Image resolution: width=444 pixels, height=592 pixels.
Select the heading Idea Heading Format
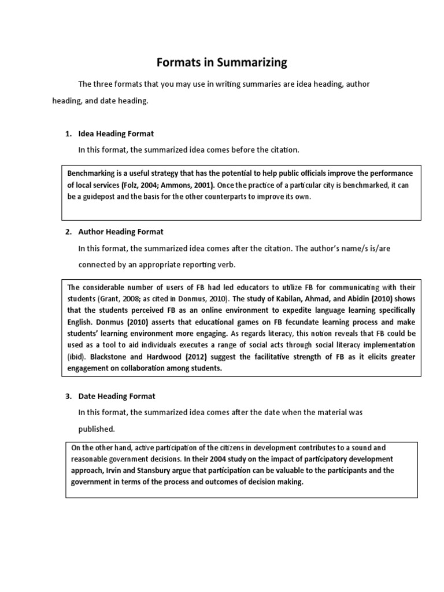(116, 134)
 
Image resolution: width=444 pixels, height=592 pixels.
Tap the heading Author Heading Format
(121, 232)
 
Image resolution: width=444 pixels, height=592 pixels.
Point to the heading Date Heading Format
(116, 397)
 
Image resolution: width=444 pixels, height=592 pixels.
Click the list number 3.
(68, 397)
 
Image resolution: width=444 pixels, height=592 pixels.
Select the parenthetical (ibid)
(77, 357)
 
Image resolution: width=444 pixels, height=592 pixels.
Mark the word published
(97, 429)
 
